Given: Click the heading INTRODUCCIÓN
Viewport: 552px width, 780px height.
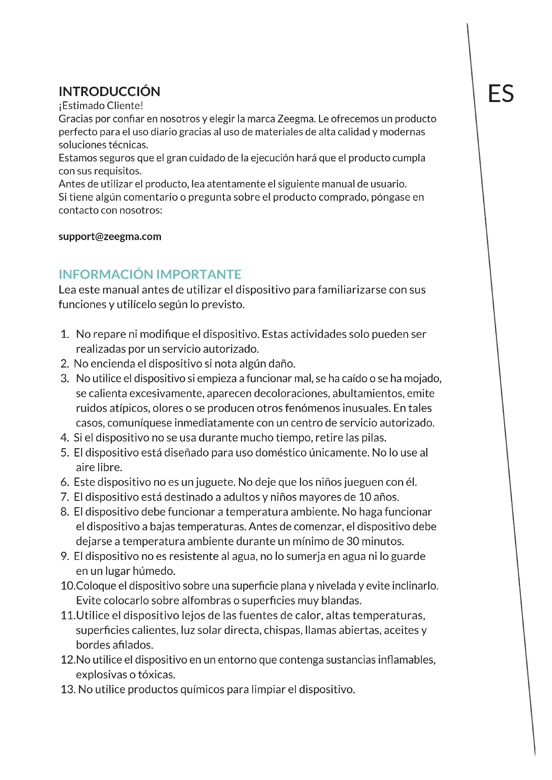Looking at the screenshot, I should pyautogui.click(x=109, y=91).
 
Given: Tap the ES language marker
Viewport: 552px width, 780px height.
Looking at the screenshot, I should pyautogui.click(x=500, y=93).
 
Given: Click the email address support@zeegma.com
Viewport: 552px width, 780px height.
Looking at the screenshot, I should pyautogui.click(x=110, y=236).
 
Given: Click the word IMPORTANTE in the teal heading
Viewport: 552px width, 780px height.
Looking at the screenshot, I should pyautogui.click(x=199, y=274).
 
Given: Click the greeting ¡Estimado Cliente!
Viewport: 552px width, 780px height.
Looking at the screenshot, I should pyautogui.click(x=100, y=106).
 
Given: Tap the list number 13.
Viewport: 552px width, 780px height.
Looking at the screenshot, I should pyautogui.click(x=68, y=689).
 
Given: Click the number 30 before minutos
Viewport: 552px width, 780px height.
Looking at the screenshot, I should pyautogui.click(x=352, y=541).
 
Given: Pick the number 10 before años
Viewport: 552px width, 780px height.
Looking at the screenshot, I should pyautogui.click(x=365, y=497).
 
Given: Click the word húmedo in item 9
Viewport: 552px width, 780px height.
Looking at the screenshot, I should pyautogui.click(x=154, y=571).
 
